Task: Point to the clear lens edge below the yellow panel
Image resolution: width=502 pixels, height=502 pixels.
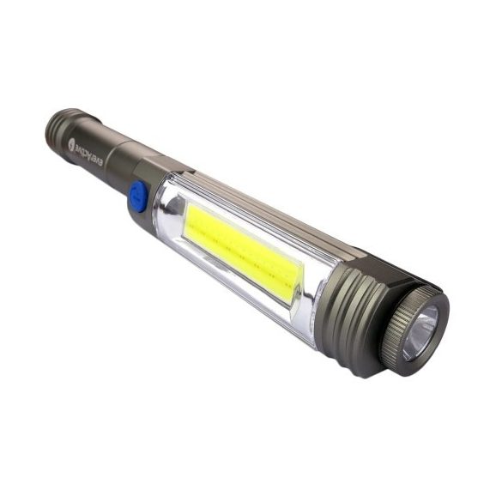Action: click(232, 292)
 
